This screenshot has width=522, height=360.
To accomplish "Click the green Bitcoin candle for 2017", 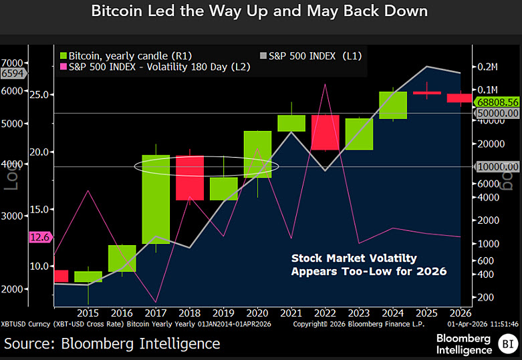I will (155, 199).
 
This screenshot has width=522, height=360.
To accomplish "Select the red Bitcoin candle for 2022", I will (325, 132).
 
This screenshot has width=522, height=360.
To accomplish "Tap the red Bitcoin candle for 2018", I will (190, 178).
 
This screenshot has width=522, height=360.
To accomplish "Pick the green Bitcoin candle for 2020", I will (257, 154).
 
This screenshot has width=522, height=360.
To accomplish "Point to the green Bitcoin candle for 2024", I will (393, 105).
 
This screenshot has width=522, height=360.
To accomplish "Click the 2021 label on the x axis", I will (291, 312).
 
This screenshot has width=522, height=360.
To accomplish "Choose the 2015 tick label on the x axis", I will (88, 312).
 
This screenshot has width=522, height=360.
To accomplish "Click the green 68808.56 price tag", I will (498, 102).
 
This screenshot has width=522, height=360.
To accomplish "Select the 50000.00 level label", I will (498, 114).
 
